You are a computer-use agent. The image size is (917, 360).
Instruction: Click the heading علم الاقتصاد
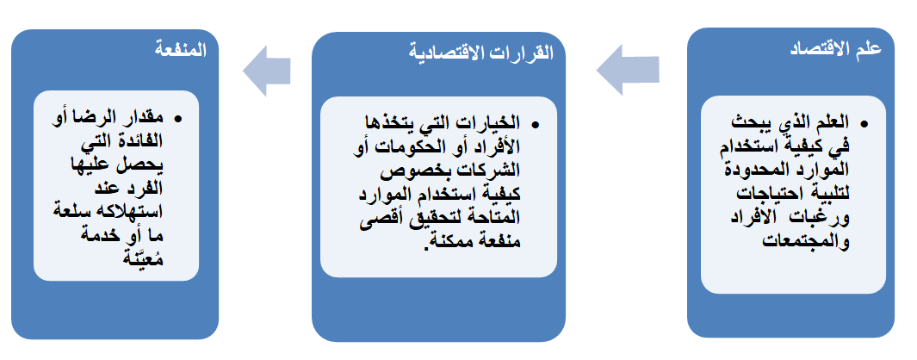[x=834, y=50]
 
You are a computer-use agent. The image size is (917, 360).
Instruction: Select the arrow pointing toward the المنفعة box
[x=266, y=70]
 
